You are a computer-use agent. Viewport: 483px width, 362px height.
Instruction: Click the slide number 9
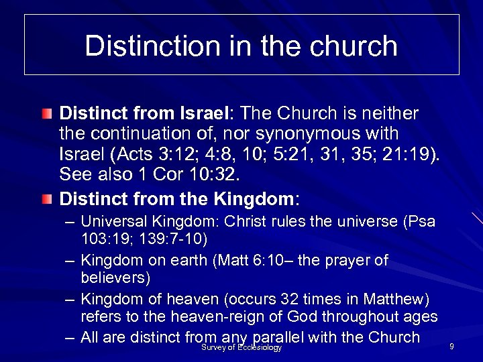[x=452, y=346]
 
